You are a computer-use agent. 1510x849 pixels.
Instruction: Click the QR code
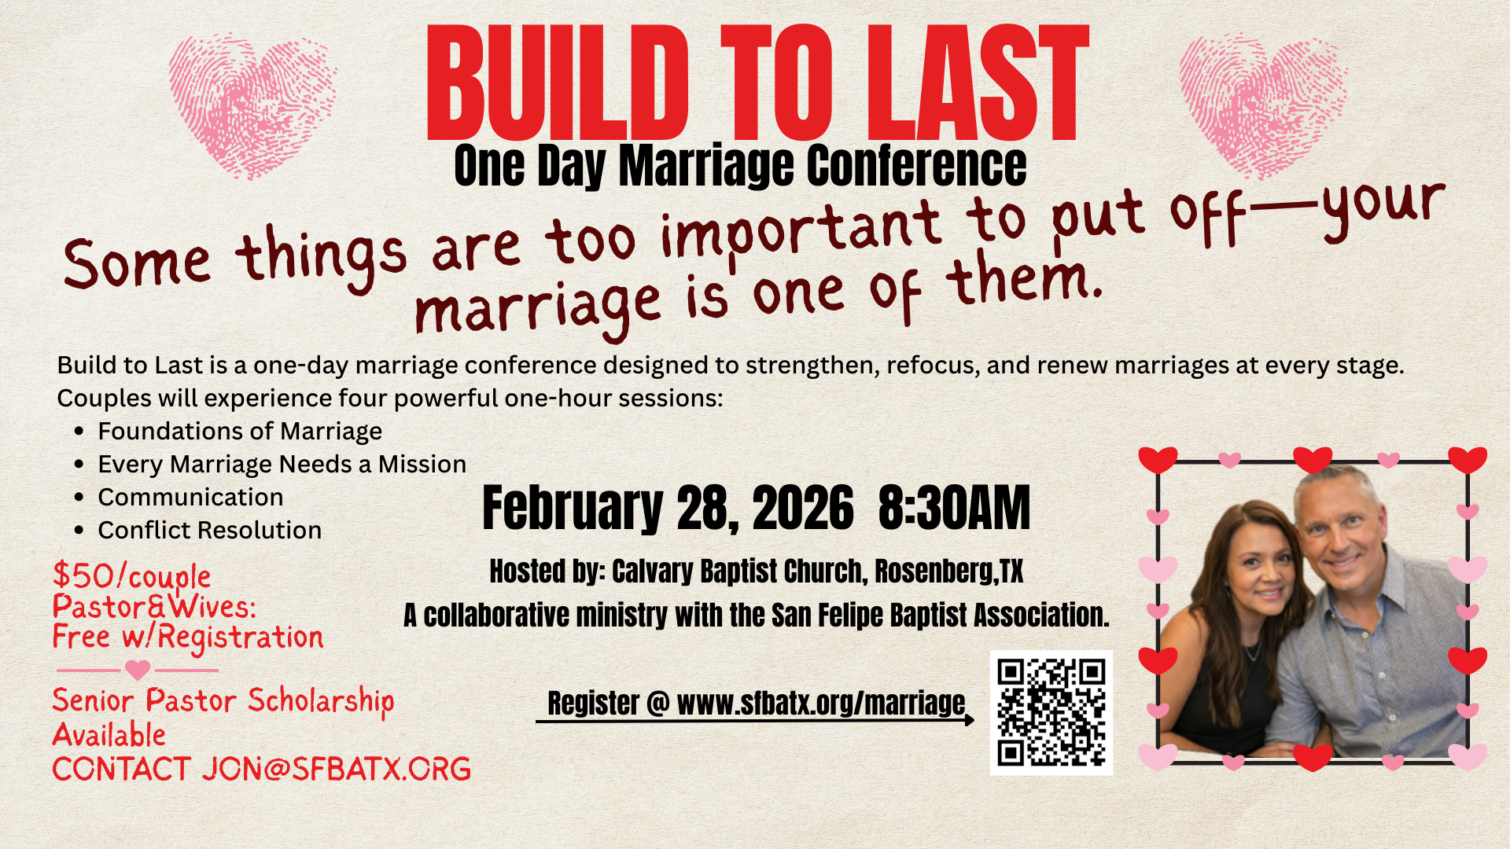[1051, 713]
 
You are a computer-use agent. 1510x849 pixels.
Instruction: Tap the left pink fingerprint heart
[252, 105]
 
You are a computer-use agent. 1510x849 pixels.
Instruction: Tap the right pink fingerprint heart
[1263, 105]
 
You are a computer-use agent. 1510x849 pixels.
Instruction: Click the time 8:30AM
[954, 508]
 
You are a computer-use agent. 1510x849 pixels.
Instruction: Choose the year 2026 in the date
[803, 508]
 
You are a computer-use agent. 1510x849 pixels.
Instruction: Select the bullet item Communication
[190, 498]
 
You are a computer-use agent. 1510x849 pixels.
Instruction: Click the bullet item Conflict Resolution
[210, 531]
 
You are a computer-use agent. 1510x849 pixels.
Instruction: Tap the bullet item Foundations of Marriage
[240, 432]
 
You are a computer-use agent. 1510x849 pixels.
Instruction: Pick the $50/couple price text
[131, 576]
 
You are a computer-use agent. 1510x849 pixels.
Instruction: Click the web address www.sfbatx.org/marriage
[821, 703]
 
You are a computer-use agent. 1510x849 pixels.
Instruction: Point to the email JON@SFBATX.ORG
[337, 769]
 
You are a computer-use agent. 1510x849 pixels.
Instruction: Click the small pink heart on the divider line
[138, 670]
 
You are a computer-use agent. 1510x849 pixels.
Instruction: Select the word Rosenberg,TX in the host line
[949, 572]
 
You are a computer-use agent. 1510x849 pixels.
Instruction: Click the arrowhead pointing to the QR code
[969, 719]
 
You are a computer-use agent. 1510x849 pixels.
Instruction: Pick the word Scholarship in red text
[321, 701]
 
